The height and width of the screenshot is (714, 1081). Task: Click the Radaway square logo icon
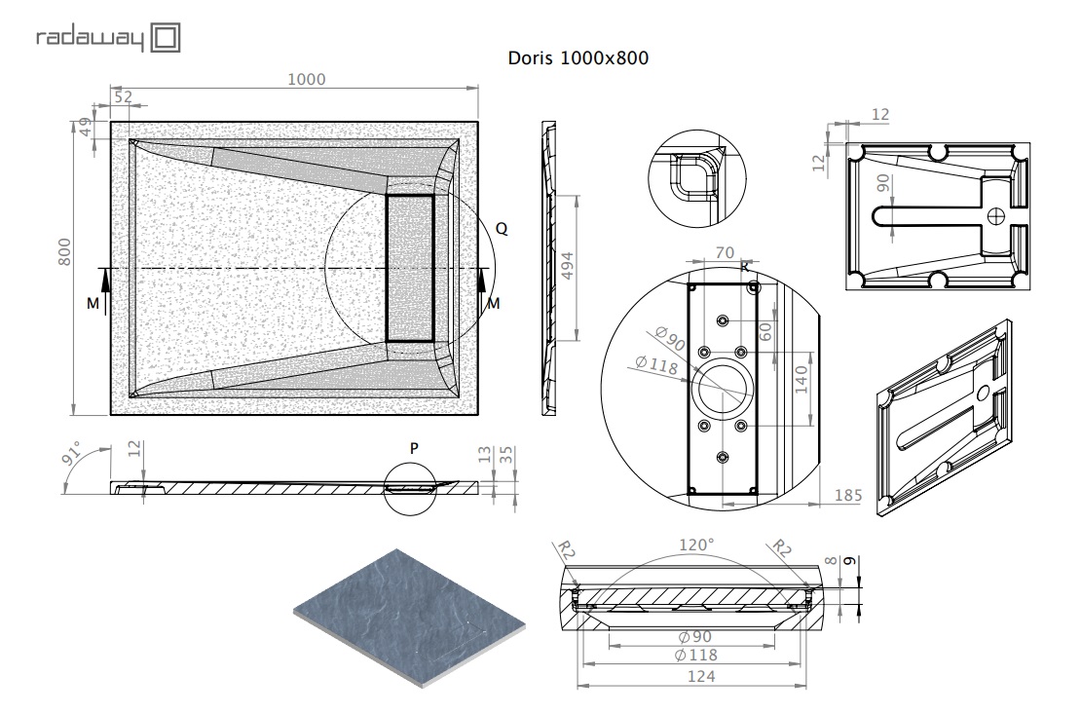(x=166, y=37)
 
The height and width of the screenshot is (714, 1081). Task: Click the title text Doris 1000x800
(x=578, y=57)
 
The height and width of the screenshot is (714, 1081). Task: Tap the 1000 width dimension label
(x=306, y=79)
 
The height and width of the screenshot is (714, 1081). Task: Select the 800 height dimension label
(x=64, y=251)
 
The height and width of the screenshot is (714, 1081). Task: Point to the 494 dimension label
(x=568, y=266)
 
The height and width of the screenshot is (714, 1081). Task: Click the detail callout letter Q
(x=502, y=228)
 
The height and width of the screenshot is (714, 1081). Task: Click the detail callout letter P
(x=414, y=448)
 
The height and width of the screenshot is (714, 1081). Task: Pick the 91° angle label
(x=72, y=453)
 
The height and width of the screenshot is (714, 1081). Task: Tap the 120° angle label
(x=695, y=545)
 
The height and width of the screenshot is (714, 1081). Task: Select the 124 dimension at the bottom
(x=701, y=677)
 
